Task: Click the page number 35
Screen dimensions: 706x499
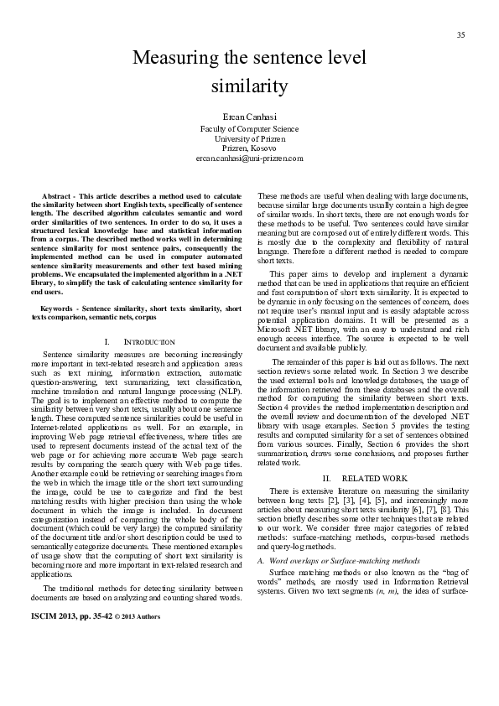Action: coord(460,34)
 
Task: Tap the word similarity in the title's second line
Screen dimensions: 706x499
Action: coord(249,86)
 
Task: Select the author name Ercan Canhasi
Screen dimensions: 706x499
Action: coord(248,117)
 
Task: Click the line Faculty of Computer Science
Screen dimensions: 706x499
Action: coord(248,129)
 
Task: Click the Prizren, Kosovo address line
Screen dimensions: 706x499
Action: coord(248,148)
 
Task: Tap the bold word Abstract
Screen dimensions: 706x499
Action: coord(59,195)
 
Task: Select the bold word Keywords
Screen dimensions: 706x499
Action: coord(59,286)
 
